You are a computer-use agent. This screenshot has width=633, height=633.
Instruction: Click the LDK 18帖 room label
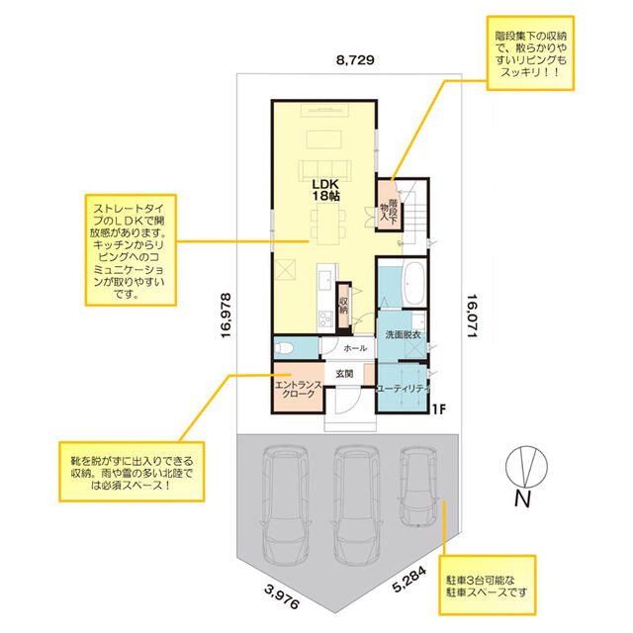[x=325, y=190]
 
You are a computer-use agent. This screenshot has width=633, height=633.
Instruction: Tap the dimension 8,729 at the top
[x=355, y=60]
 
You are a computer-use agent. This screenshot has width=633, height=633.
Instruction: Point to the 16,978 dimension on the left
[x=226, y=316]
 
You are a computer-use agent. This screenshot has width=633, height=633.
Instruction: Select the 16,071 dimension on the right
[x=473, y=316]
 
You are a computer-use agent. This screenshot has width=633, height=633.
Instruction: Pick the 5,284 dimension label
[x=409, y=580]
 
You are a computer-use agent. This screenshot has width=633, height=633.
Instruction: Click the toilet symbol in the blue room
[x=284, y=348]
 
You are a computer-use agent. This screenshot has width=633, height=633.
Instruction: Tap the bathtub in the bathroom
[x=413, y=284]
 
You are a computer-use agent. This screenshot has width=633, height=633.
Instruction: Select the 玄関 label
[x=344, y=374]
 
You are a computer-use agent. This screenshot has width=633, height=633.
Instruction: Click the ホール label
[x=355, y=348]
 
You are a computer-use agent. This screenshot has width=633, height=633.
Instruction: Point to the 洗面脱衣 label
[x=403, y=334]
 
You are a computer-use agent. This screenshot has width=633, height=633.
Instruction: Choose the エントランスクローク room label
[x=299, y=390]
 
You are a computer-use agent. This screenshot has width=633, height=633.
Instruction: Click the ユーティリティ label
[x=403, y=389]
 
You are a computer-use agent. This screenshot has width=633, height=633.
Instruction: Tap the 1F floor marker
[x=439, y=409]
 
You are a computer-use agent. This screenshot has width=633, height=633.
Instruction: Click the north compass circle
[x=526, y=466]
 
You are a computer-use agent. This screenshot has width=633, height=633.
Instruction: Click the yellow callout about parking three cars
[x=488, y=585]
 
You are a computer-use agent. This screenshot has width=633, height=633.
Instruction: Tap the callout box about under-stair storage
[x=530, y=52]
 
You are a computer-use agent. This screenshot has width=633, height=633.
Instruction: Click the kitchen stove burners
[x=325, y=318]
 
